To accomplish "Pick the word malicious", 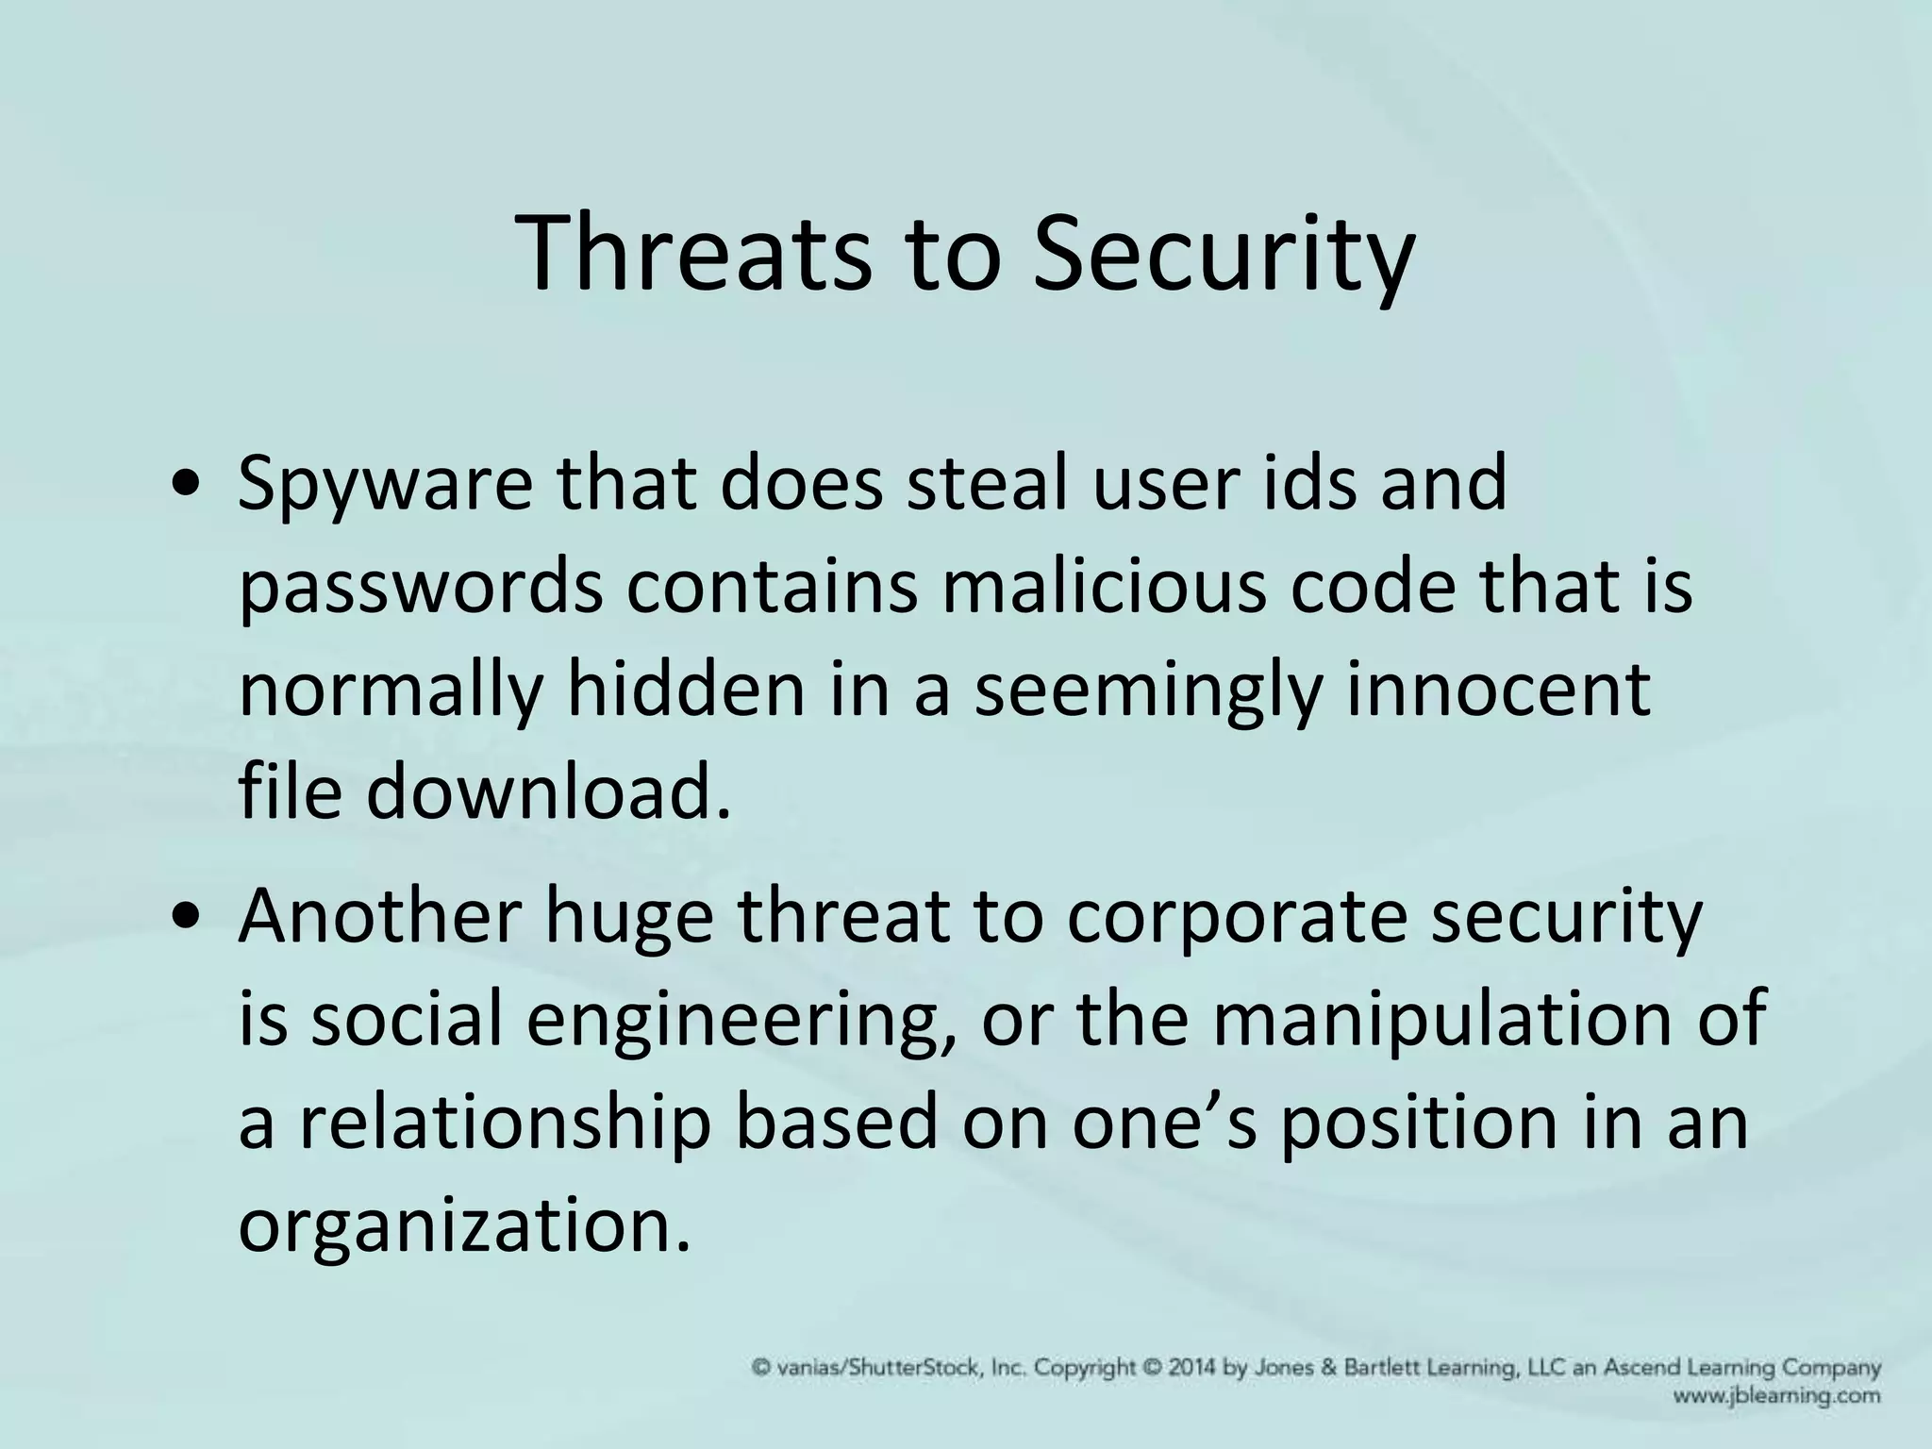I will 1105,587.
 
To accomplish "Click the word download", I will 548,792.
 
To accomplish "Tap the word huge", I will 628,917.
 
